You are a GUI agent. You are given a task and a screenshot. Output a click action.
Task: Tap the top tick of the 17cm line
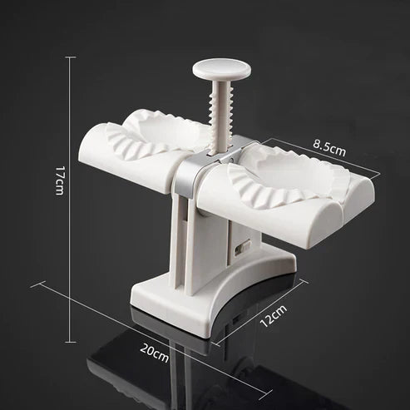point(70,57)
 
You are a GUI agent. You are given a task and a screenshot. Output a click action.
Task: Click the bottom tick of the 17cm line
point(70,288)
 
